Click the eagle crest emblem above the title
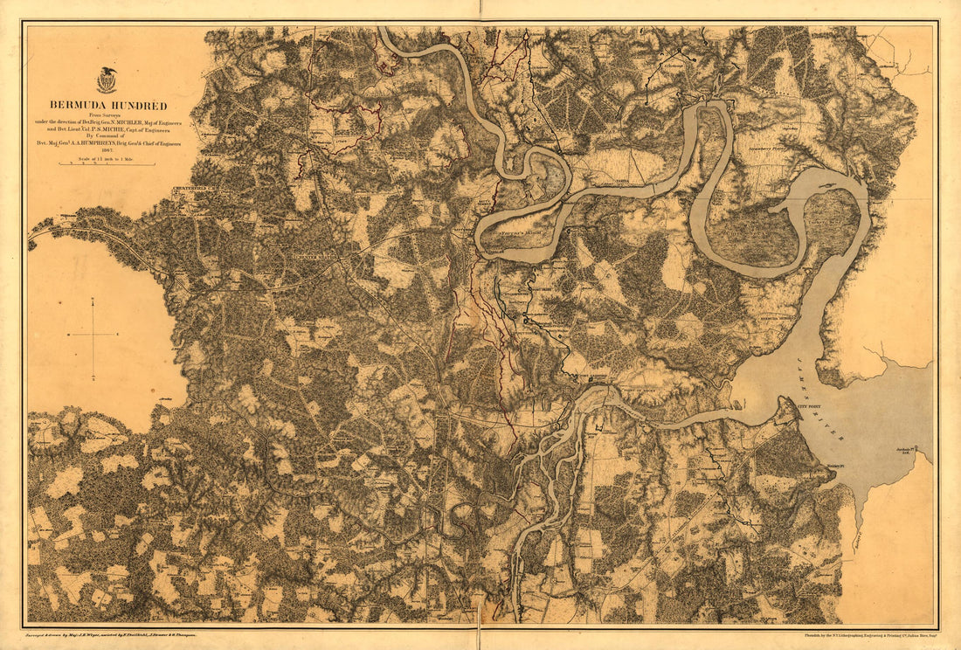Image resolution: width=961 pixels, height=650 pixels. tap(107, 80)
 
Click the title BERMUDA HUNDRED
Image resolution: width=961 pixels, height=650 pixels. tap(107, 106)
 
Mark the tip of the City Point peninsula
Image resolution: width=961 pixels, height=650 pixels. tap(797, 400)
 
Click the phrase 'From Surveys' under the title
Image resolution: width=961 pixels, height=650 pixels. tap(107, 117)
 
